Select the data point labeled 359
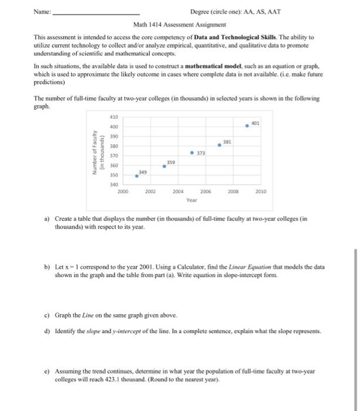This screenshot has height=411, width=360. (x=164, y=166)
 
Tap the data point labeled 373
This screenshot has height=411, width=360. (x=192, y=153)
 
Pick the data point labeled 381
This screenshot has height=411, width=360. (x=220, y=145)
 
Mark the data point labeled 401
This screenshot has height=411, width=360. (x=247, y=126)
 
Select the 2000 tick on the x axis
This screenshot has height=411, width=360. (x=123, y=191)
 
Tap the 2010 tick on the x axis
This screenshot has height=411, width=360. (x=261, y=191)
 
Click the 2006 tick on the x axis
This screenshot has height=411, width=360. (x=206, y=191)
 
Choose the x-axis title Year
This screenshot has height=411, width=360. (x=191, y=200)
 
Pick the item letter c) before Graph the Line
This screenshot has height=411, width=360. (x=47, y=315)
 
